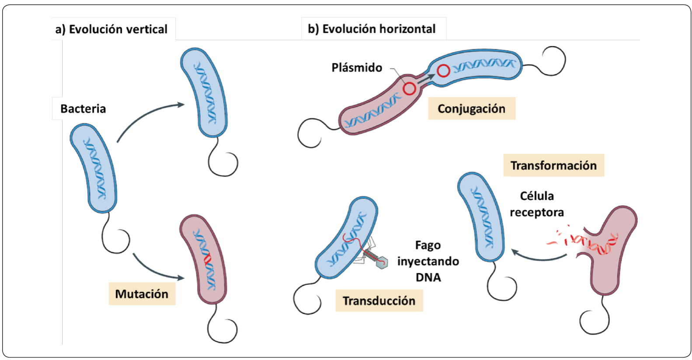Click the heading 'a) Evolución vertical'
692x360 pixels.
pos(111,29)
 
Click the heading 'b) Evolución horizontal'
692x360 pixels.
pos(372,29)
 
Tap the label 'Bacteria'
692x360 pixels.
pos(83,109)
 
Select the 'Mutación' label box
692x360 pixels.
pos(142,294)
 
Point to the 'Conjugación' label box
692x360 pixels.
pos(471,109)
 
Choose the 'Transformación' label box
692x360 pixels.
pos(553,166)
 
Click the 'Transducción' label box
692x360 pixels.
pos(379,301)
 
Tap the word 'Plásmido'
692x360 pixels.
pos(357,68)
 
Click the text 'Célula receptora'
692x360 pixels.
pos(537,204)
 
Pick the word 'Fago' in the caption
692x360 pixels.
pos(428,245)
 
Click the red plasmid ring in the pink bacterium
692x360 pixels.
pos(409,89)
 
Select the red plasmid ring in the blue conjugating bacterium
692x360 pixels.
pos(443,70)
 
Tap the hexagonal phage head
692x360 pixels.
pos(382,262)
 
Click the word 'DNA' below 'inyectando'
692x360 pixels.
pos(428,277)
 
